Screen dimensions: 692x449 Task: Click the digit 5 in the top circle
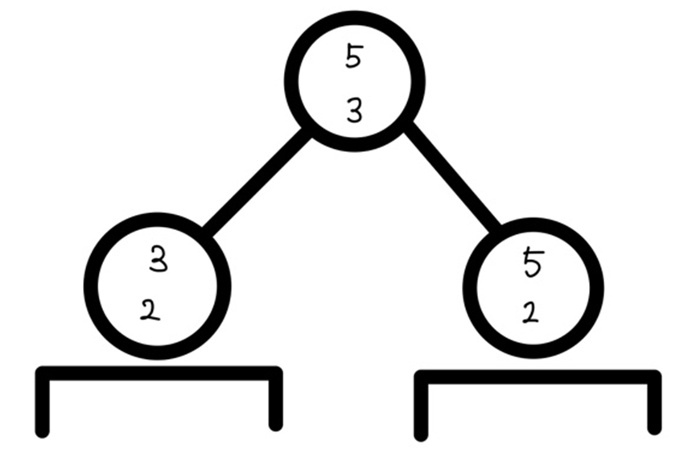click(x=354, y=57)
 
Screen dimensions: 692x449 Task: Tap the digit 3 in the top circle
click(x=354, y=112)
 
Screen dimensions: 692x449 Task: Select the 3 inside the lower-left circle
click(x=159, y=260)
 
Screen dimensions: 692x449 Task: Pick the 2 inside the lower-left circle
click(x=150, y=311)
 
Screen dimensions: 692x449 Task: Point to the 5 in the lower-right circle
click(x=533, y=263)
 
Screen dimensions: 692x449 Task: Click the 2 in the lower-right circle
click(x=529, y=312)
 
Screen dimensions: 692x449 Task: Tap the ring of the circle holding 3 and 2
click(x=90, y=286)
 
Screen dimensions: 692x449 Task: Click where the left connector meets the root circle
click(x=307, y=133)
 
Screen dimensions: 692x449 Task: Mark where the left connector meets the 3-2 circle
click(x=207, y=231)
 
